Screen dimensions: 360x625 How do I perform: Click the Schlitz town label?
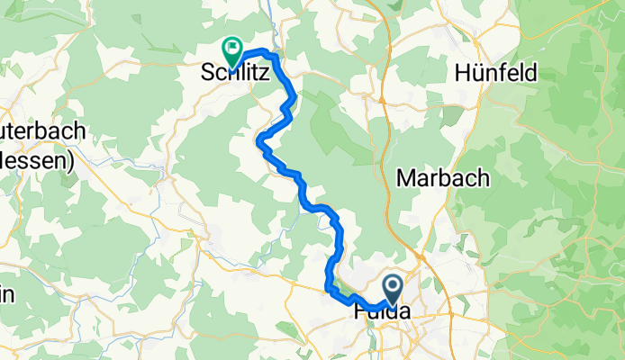(x=234, y=76)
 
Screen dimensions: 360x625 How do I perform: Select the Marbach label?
(x=442, y=177)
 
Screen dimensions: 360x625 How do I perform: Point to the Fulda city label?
(x=377, y=310)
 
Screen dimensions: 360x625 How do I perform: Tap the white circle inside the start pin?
(x=394, y=286)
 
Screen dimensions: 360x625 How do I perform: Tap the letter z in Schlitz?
(x=263, y=76)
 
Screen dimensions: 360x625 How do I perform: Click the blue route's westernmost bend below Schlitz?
(x=259, y=140)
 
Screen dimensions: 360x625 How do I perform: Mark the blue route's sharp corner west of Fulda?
(x=327, y=288)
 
